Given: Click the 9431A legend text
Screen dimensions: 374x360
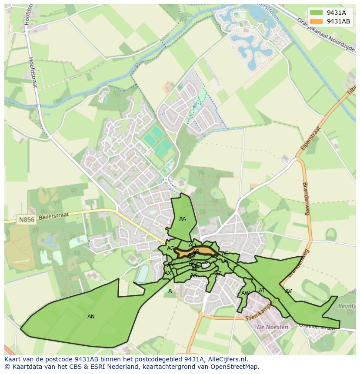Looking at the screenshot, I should [x=336, y=13].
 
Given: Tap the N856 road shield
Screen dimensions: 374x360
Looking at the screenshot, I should [x=26, y=220].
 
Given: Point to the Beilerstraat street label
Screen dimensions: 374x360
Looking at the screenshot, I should [x=56, y=217].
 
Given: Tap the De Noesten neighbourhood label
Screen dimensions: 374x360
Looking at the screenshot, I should [x=272, y=327].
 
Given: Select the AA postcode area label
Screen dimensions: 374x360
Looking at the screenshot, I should [x=183, y=219].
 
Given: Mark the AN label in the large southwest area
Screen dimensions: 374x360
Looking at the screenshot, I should [x=91, y=317].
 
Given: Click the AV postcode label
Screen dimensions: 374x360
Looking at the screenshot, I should [x=288, y=291].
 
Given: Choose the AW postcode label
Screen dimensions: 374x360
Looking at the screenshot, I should [x=245, y=293].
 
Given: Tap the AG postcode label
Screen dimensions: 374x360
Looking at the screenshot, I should [x=170, y=248].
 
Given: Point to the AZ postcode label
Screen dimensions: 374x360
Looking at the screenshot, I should [x=218, y=273].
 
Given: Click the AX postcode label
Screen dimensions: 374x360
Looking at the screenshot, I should [x=168, y=273].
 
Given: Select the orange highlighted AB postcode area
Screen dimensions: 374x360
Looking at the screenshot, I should [x=204, y=252].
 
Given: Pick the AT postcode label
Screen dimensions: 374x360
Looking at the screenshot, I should [x=262, y=291].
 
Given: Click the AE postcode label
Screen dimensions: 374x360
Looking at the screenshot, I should [x=225, y=254].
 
